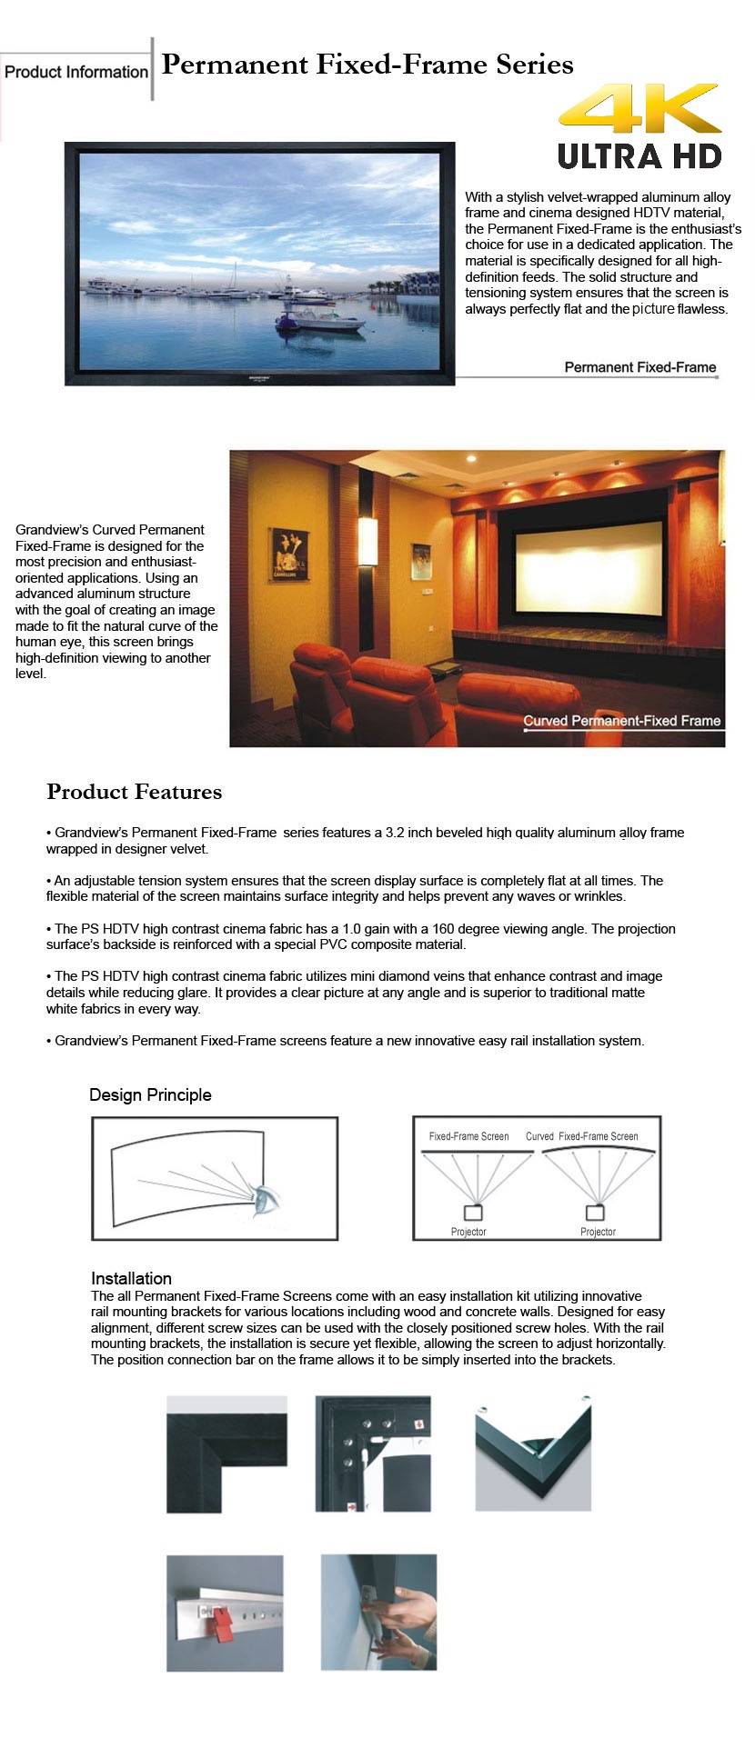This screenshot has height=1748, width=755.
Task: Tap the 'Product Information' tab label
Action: pos(75,72)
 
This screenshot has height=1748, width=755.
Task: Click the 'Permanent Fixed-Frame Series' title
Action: pos(367,65)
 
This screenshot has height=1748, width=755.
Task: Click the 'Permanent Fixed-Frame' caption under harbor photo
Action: pos(639,367)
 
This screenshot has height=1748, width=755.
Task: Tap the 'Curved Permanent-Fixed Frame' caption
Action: pos(621,721)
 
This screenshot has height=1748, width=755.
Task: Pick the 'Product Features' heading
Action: pos(134,792)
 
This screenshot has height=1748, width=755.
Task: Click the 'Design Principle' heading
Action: pos(150,1094)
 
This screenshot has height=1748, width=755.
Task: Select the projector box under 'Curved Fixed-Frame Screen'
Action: pos(595,1213)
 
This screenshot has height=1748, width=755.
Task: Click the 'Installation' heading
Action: pos(131,1278)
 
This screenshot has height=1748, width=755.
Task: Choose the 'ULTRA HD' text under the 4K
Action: pos(639,155)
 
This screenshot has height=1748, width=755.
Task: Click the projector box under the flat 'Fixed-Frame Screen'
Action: pos(472,1213)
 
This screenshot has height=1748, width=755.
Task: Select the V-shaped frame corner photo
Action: pos(533,1453)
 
